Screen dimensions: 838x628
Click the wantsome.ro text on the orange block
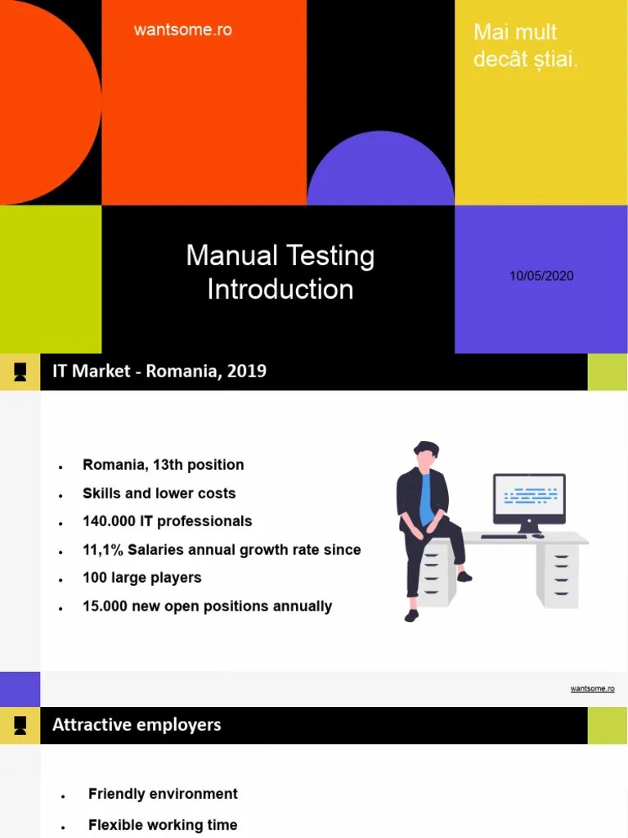click(x=182, y=30)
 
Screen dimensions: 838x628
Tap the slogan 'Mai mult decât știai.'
click(x=525, y=46)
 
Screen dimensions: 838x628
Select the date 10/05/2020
click(x=541, y=276)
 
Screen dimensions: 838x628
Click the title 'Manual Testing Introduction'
click(x=280, y=272)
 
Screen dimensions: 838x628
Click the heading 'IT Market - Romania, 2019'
click(x=159, y=372)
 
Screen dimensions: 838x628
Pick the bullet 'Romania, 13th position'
click(x=163, y=465)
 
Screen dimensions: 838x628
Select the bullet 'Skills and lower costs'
click(x=159, y=493)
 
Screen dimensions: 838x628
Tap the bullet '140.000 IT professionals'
click(x=167, y=521)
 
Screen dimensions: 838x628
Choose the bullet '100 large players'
click(x=141, y=578)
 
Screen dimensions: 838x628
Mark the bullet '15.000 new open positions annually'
click(x=207, y=606)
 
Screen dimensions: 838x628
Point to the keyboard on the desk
click(x=504, y=537)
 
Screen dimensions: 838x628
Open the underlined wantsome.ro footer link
click(x=592, y=689)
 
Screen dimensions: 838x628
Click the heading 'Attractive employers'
click(x=137, y=725)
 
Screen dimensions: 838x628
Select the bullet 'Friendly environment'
click(x=163, y=794)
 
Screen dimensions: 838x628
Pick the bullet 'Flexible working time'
click(x=163, y=825)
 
